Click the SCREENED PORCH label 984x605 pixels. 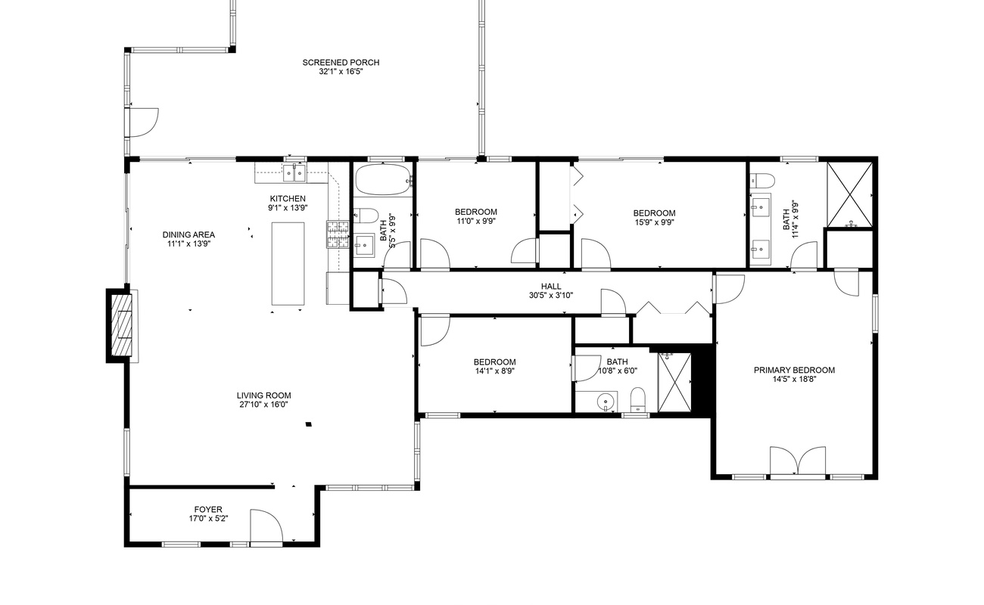click(x=341, y=63)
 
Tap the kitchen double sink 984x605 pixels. click(x=294, y=173)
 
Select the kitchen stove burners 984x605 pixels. click(x=338, y=234)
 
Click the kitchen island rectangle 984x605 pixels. click(x=288, y=263)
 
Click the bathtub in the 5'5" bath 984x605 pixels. click(x=384, y=179)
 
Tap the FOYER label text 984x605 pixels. click(x=208, y=509)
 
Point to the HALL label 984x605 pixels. click(x=551, y=287)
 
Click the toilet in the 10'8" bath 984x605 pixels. click(x=637, y=399)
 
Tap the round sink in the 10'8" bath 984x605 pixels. click(x=606, y=402)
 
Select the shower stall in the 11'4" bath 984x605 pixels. click(x=849, y=194)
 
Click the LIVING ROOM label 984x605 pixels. click(x=263, y=396)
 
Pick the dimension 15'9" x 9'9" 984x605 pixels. click(x=654, y=222)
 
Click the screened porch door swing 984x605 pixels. click(x=144, y=123)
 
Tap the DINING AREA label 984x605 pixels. click(x=188, y=235)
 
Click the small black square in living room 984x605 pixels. click(x=309, y=424)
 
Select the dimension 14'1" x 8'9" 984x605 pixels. click(x=494, y=371)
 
